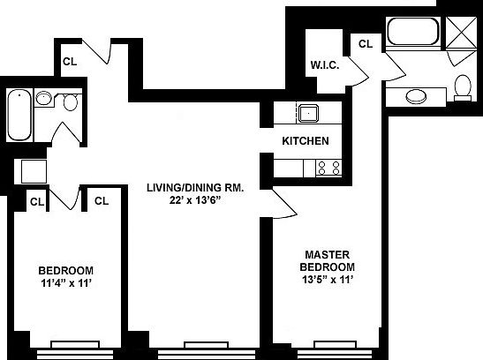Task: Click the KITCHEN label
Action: point(306,141)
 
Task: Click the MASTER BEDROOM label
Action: point(327,261)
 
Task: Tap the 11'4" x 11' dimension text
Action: point(66,283)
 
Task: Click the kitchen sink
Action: point(309,113)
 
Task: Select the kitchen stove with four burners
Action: point(328,166)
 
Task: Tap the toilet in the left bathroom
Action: point(72,104)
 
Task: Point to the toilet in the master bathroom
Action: point(463,86)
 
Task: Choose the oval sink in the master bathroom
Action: point(415,96)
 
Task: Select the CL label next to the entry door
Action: point(69,61)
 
